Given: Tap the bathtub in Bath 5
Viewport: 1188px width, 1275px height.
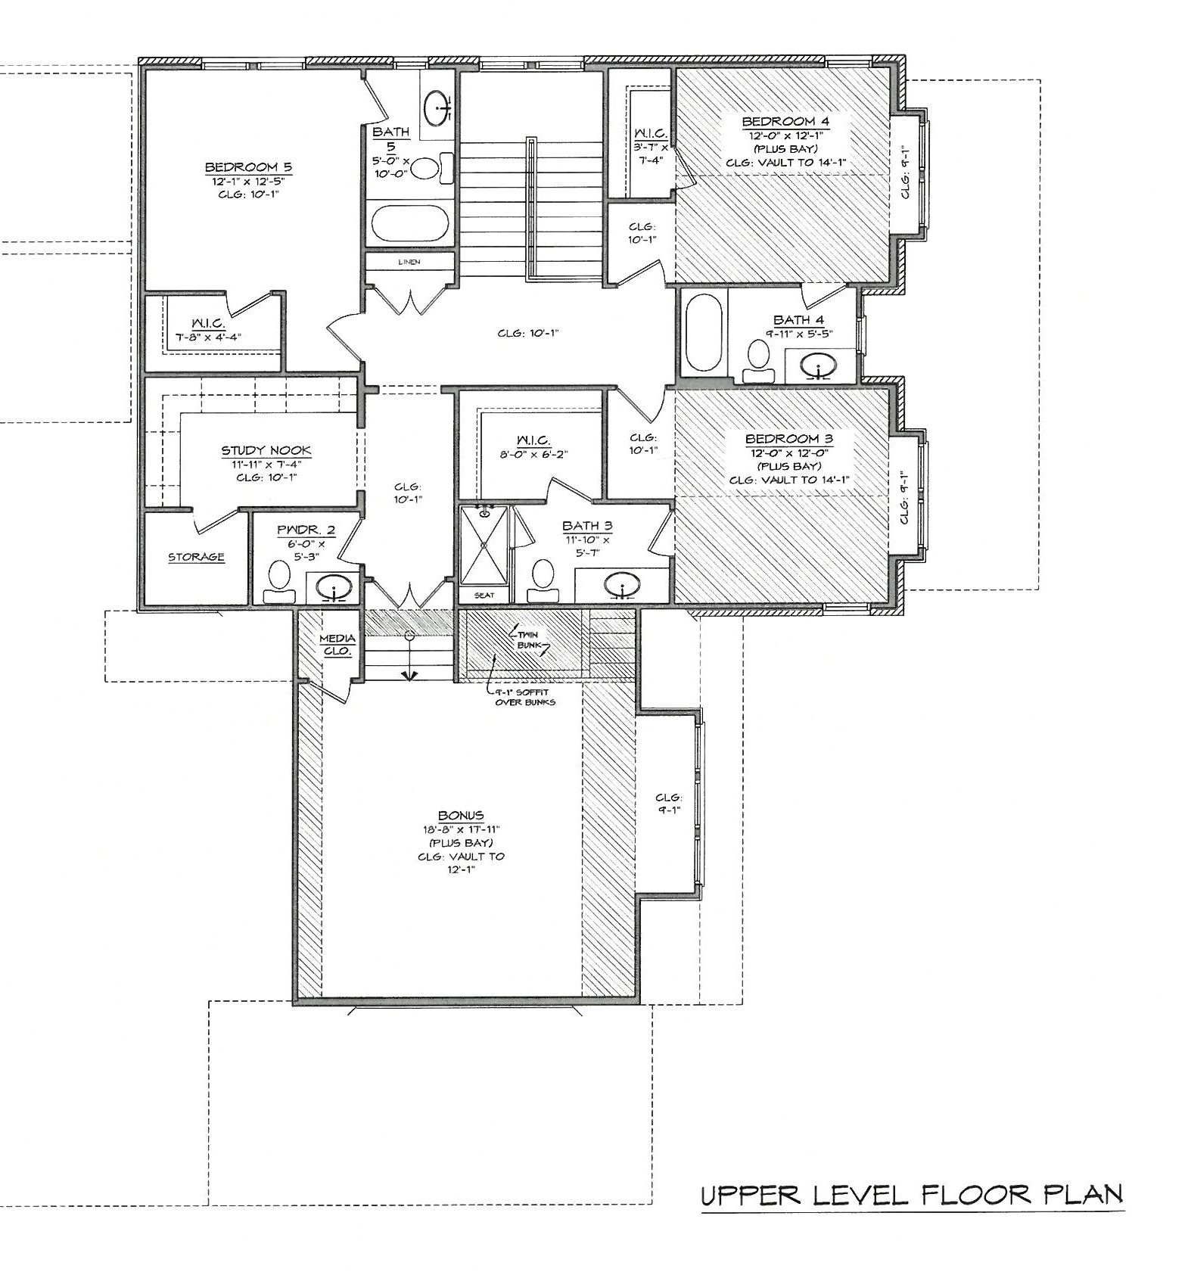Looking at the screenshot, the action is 410,223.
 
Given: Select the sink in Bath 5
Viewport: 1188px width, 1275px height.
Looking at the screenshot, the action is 437,107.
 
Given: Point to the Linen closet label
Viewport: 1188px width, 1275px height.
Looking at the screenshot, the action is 409,262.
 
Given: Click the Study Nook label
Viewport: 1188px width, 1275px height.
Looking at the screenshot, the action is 266,451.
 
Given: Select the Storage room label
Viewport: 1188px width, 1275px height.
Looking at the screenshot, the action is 196,557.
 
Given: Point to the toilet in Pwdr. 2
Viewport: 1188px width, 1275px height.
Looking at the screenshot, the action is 279,582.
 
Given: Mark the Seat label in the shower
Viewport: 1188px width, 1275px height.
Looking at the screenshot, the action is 484,596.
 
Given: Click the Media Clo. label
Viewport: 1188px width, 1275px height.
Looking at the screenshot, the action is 337,645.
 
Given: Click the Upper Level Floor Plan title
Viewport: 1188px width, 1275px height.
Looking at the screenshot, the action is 912,1196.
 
